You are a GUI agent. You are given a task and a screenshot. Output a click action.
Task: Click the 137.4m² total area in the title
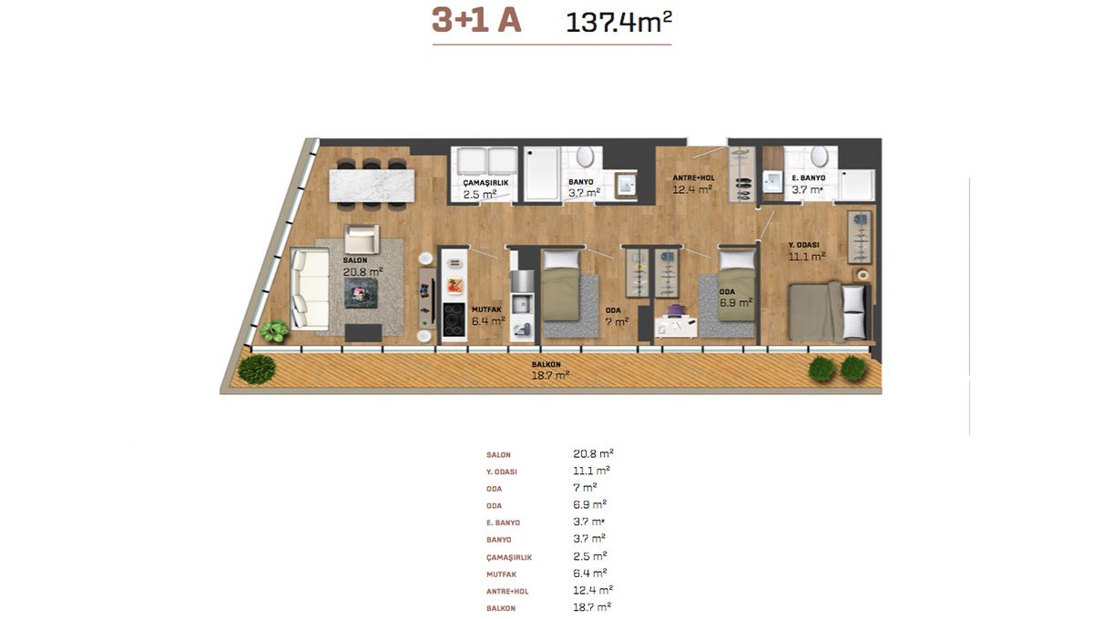pyautogui.click(x=618, y=22)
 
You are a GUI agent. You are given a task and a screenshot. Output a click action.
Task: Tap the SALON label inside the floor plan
pyautogui.click(x=354, y=260)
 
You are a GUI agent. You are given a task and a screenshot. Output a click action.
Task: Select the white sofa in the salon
pyautogui.click(x=310, y=289)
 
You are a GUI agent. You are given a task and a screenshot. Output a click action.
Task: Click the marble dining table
pyautogui.click(x=372, y=186)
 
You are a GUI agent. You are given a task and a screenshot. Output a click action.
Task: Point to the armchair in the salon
pyautogui.click(x=362, y=239)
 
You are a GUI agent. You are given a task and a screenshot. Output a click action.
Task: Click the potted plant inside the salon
pyautogui.click(x=274, y=330)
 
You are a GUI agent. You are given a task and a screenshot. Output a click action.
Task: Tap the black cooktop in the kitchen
pyautogui.click(x=454, y=320)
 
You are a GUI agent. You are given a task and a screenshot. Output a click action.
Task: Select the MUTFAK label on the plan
pyautogui.click(x=486, y=309)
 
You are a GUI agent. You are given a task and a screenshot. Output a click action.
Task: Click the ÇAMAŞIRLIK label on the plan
pyautogui.click(x=485, y=183)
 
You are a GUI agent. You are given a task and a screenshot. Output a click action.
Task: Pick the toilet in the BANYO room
pyautogui.click(x=584, y=157)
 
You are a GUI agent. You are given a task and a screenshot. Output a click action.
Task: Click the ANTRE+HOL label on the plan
pyautogui.click(x=693, y=178)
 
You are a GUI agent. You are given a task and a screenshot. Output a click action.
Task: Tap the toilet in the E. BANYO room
pyautogui.click(x=819, y=156)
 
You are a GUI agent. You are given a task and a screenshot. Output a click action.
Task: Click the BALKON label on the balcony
pyautogui.click(x=546, y=364)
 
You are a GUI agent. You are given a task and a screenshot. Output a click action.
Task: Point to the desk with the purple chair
pyautogui.click(x=676, y=322)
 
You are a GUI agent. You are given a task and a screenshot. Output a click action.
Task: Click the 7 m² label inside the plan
pyautogui.click(x=617, y=322)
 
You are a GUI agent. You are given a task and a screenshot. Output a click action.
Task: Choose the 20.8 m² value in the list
pyautogui.click(x=593, y=453)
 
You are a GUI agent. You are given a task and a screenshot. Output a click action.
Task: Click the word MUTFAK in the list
pyautogui.click(x=501, y=574)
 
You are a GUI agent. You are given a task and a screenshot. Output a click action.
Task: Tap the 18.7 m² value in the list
pyautogui.click(x=592, y=607)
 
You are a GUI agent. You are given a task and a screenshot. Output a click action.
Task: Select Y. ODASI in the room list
pyautogui.click(x=502, y=472)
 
